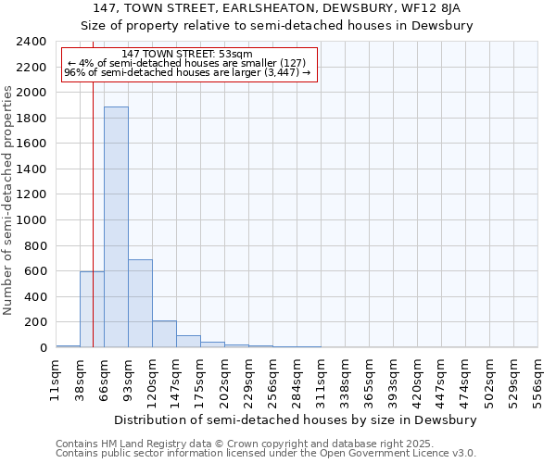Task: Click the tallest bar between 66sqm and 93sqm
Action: [x=116, y=227]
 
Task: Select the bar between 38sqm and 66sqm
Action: [x=92, y=309]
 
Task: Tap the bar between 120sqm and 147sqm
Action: [x=164, y=334]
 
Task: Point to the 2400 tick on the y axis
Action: [x=32, y=42]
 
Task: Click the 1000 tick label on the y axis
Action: [x=32, y=220]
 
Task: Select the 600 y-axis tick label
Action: [x=35, y=271]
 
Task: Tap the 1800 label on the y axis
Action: [x=32, y=119]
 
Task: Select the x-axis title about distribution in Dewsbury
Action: [x=297, y=419]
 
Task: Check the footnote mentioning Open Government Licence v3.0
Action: [x=266, y=454]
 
